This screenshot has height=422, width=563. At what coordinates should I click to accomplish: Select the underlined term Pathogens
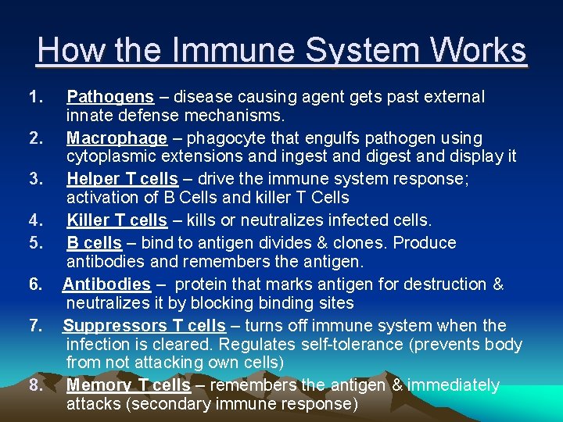point(110,97)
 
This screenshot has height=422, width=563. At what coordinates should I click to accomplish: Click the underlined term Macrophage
point(117,138)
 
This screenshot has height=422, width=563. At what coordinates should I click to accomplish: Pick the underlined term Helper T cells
point(122,179)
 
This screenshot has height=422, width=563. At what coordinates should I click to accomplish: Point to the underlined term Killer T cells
point(117,220)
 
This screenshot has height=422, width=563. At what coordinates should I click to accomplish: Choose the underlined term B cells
point(94,242)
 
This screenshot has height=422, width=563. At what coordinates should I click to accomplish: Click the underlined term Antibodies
point(106,284)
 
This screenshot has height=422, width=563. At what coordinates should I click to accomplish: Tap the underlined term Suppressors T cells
point(144,325)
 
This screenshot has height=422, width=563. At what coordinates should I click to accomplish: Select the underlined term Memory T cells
point(128,384)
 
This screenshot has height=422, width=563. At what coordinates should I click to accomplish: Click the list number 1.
point(34,97)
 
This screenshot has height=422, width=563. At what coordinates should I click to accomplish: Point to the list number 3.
point(34,179)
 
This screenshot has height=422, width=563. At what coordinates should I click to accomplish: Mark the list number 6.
point(34,284)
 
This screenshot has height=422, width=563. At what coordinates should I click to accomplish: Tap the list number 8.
point(34,384)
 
